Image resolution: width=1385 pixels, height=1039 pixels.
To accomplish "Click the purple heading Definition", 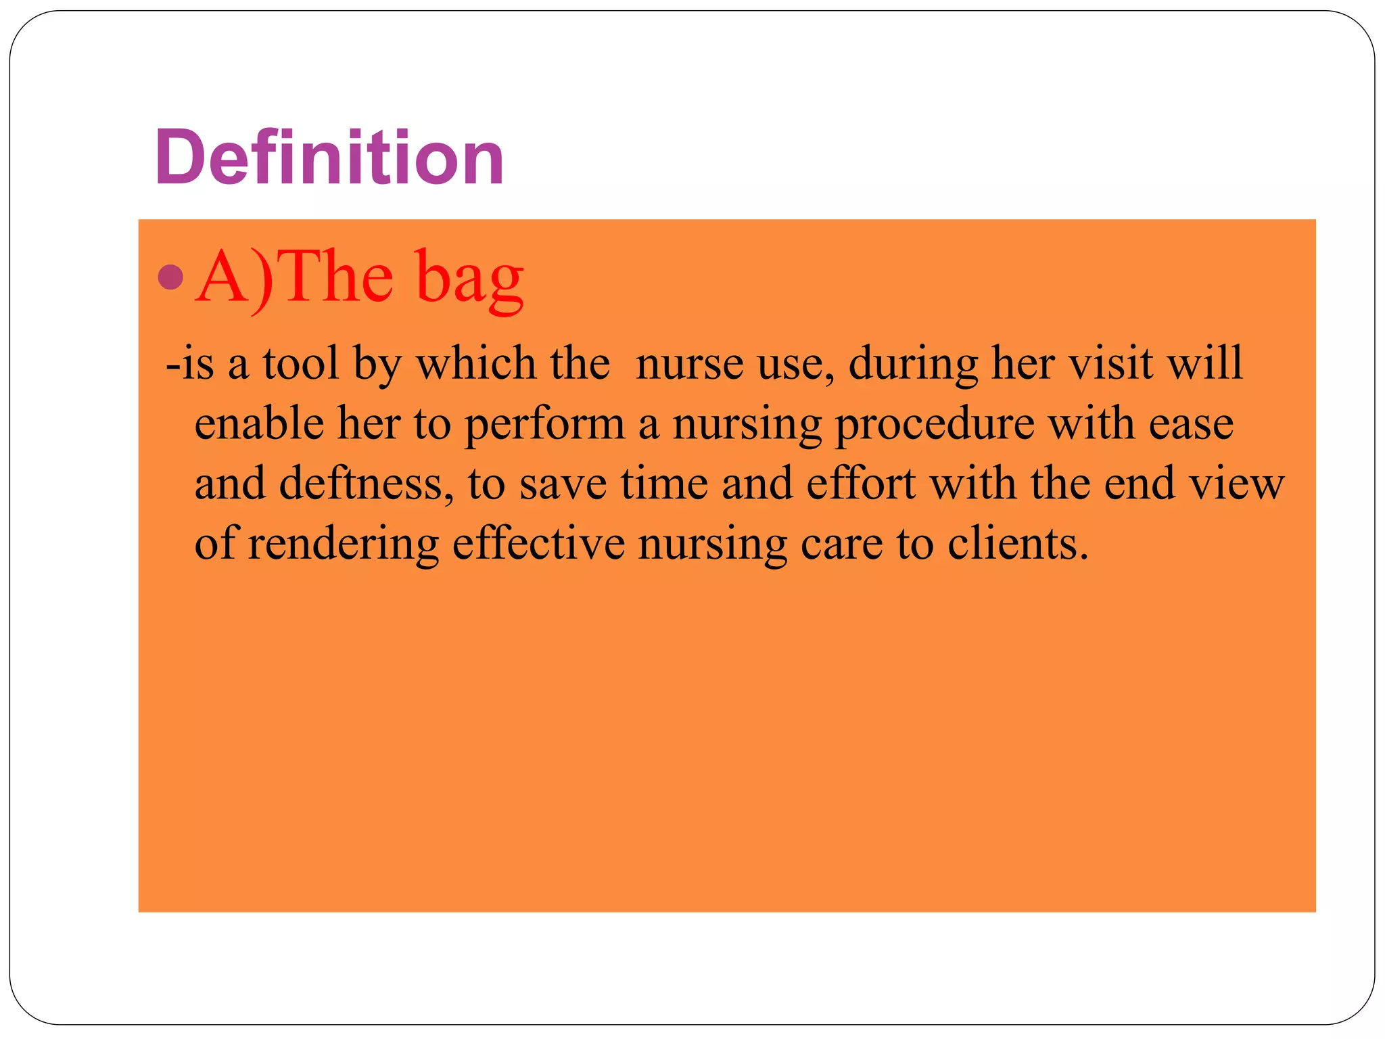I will coord(329,158).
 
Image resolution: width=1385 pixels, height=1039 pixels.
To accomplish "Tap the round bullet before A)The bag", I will coord(171,277).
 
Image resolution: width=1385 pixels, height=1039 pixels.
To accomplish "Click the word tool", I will coord(300,364).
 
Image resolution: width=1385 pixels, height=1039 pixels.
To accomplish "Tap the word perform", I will coord(544,425).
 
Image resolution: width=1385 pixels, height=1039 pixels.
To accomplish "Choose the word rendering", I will coord(344,545).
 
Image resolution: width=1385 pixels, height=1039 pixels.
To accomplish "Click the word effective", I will coord(538,543).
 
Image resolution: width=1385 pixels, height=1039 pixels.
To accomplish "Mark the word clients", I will coord(1018,543).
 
